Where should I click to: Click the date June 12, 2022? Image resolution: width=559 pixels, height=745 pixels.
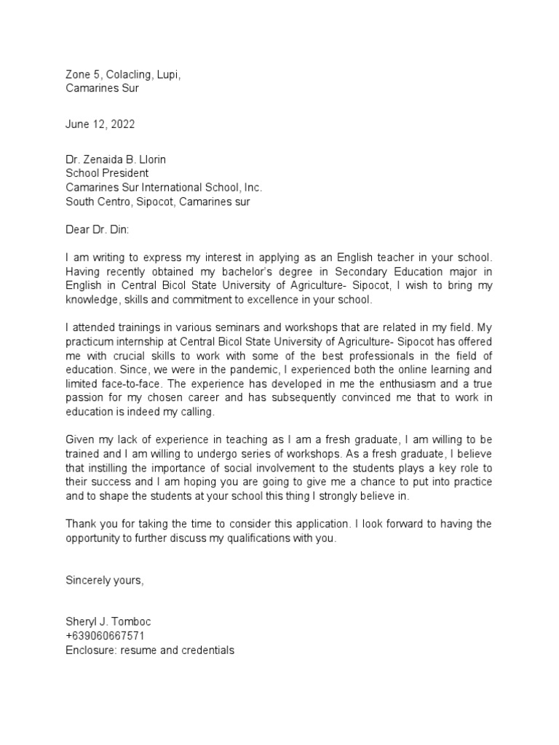click(100, 124)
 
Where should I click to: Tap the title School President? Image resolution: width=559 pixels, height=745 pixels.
click(107, 174)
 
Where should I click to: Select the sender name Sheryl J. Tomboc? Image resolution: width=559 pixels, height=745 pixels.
click(109, 623)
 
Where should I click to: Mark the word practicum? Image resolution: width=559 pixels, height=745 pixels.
click(90, 340)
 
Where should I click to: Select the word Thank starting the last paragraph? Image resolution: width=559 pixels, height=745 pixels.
click(80, 524)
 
